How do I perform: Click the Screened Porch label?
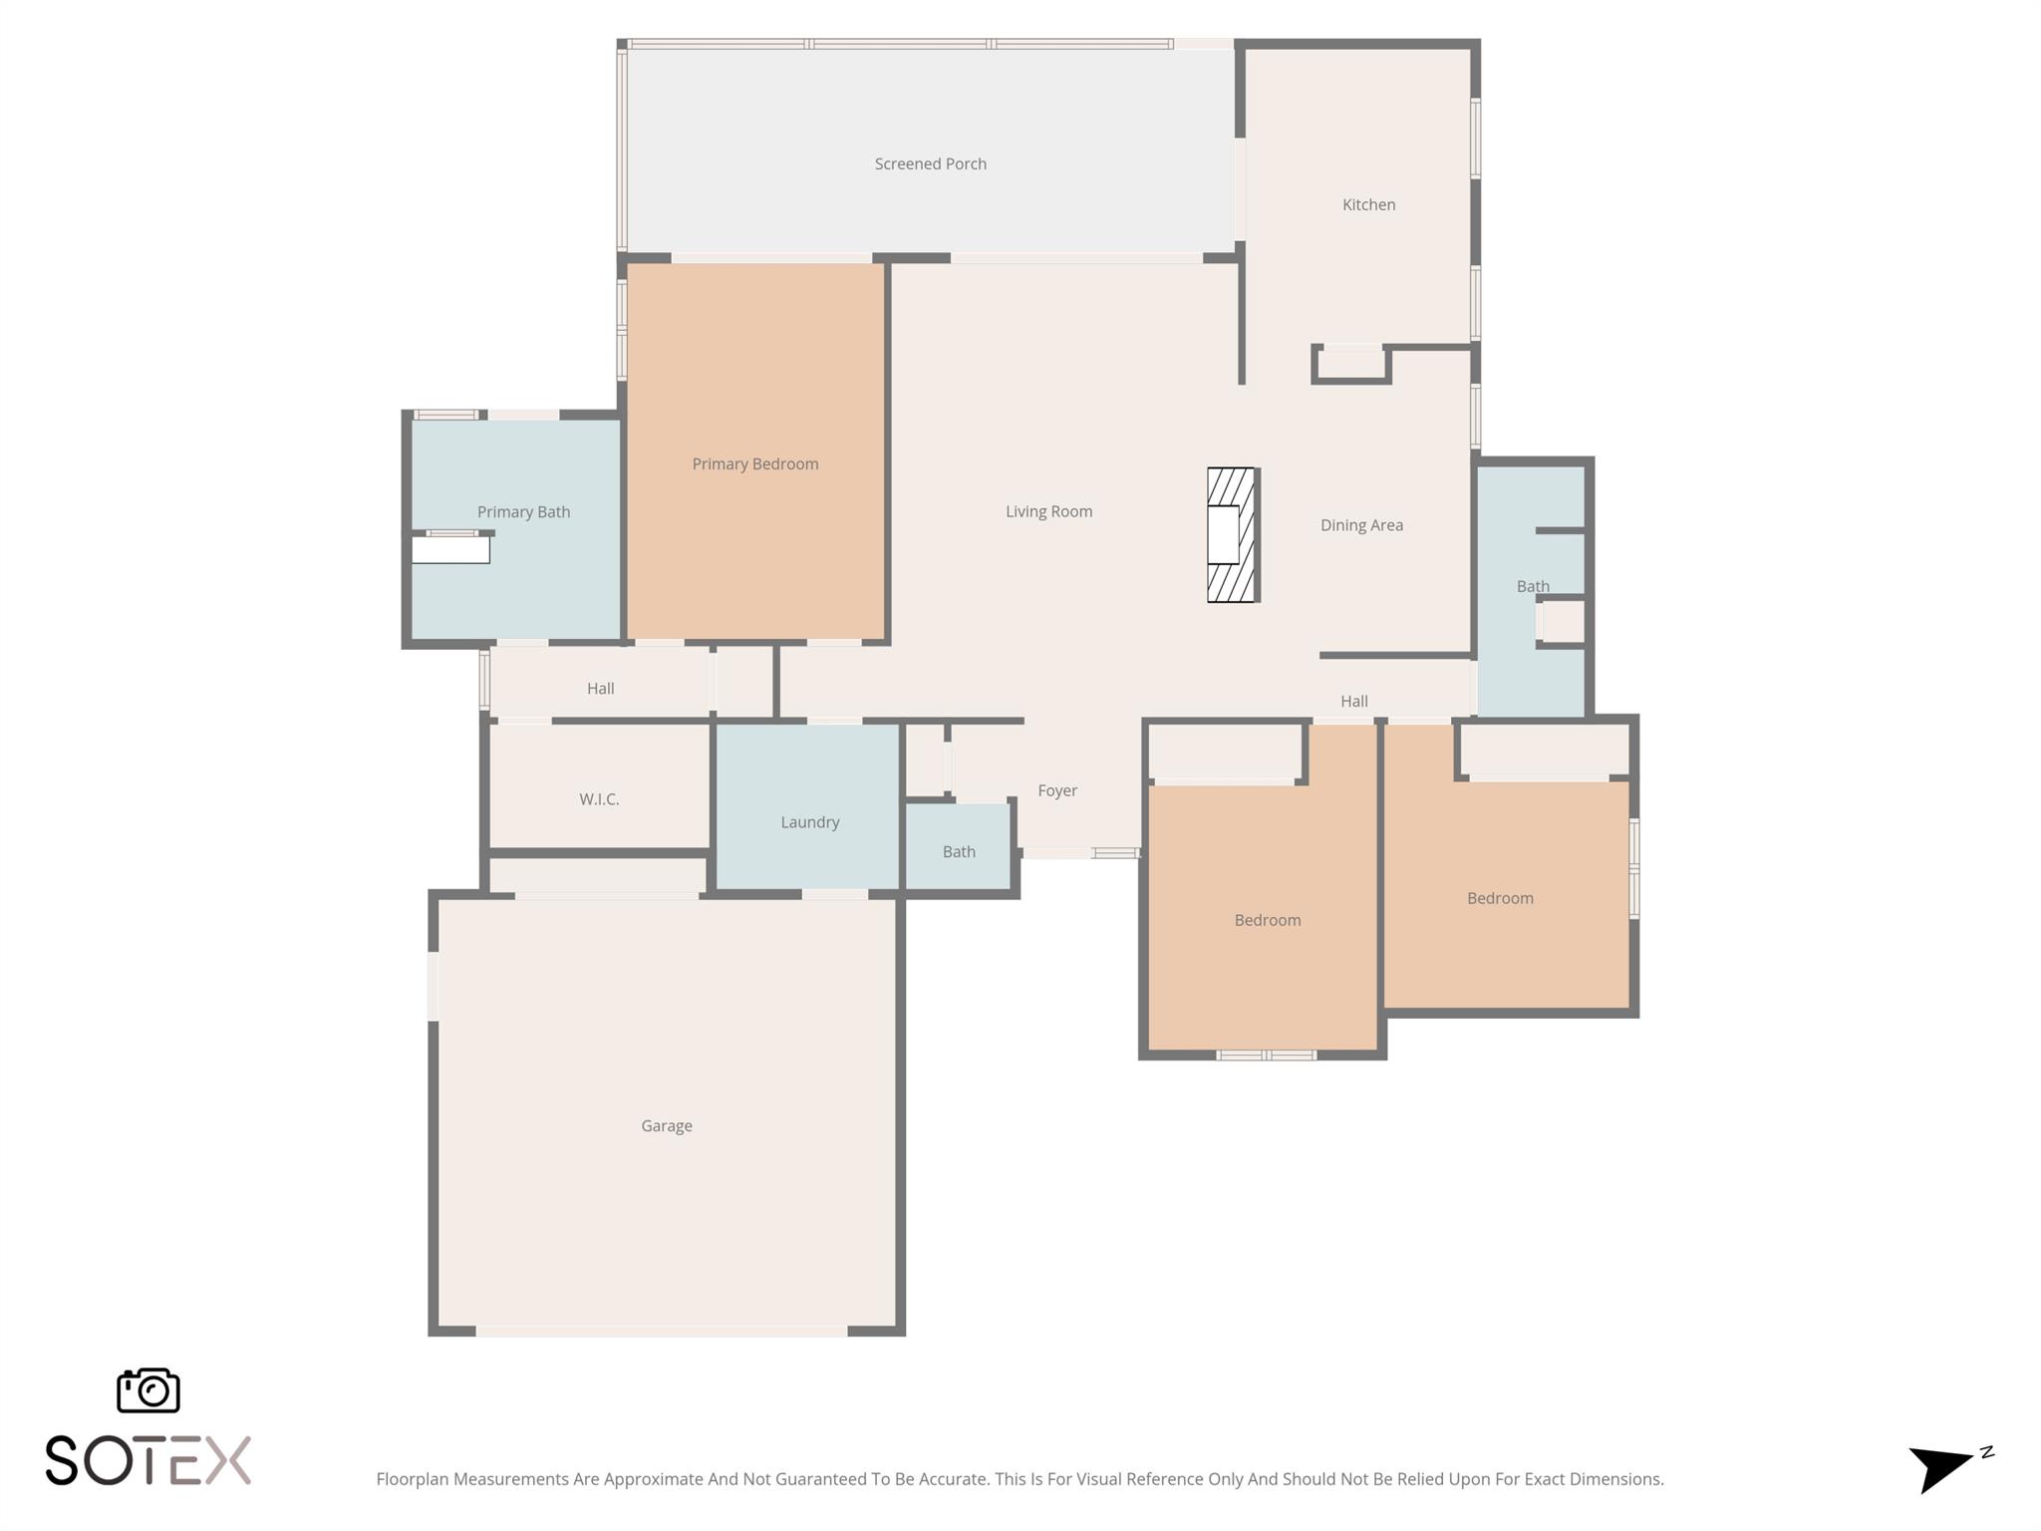[x=930, y=163]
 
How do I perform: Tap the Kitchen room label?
[x=1368, y=204]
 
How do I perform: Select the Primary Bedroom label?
[x=754, y=463]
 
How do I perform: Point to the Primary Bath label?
[x=523, y=511]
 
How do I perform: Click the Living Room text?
[x=1048, y=511]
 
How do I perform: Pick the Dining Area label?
[x=1361, y=525]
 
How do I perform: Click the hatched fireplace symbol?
[x=1232, y=535]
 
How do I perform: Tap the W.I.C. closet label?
[x=599, y=798]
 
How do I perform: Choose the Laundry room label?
[x=809, y=822]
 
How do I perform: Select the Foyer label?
[x=1057, y=790]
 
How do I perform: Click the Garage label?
[x=666, y=1125]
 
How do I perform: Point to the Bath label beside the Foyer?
[x=959, y=851]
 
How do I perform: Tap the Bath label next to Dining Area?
[x=1533, y=586]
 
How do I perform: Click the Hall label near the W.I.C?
[x=600, y=688]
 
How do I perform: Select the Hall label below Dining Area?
[x=1353, y=701]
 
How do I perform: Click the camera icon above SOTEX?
[x=148, y=1389]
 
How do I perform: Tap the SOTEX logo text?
[x=148, y=1460]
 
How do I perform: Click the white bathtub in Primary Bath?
[x=450, y=549]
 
